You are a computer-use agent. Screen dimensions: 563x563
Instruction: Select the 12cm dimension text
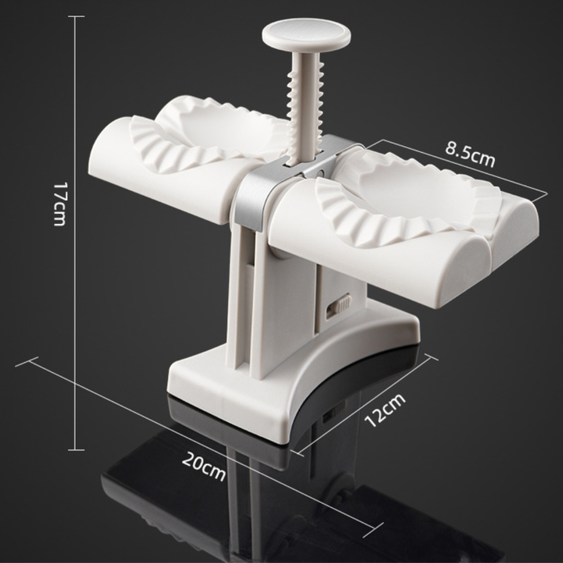[386, 410]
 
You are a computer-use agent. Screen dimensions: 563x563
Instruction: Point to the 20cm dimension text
[204, 466]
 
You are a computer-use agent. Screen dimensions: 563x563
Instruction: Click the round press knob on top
[306, 33]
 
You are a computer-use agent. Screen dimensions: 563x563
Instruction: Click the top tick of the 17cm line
[76, 17]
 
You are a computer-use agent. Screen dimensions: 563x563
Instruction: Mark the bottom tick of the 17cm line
[76, 449]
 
